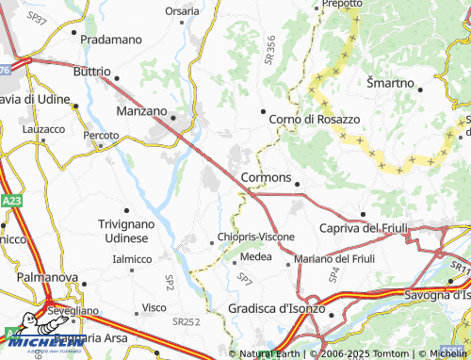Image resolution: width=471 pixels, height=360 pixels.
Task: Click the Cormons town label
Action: pos(266,176)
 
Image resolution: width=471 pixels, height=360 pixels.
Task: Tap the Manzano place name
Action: pos(140,110)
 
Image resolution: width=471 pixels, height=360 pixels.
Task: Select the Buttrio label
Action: pos(92,71)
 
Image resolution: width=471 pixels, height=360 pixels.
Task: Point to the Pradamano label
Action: pos(110,40)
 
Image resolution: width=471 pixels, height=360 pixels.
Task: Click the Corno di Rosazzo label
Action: pos(315,119)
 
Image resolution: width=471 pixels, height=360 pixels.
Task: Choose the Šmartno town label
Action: pos(390,83)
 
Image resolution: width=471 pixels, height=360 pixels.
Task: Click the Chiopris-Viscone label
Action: pos(255,237)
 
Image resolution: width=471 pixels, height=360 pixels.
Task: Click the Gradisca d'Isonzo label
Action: pos(276,308)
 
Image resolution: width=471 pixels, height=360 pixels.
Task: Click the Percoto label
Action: pos(101,136)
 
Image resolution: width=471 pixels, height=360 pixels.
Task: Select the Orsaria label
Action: pos(182,11)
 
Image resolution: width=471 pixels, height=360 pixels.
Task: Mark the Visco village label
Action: pos(154,307)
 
